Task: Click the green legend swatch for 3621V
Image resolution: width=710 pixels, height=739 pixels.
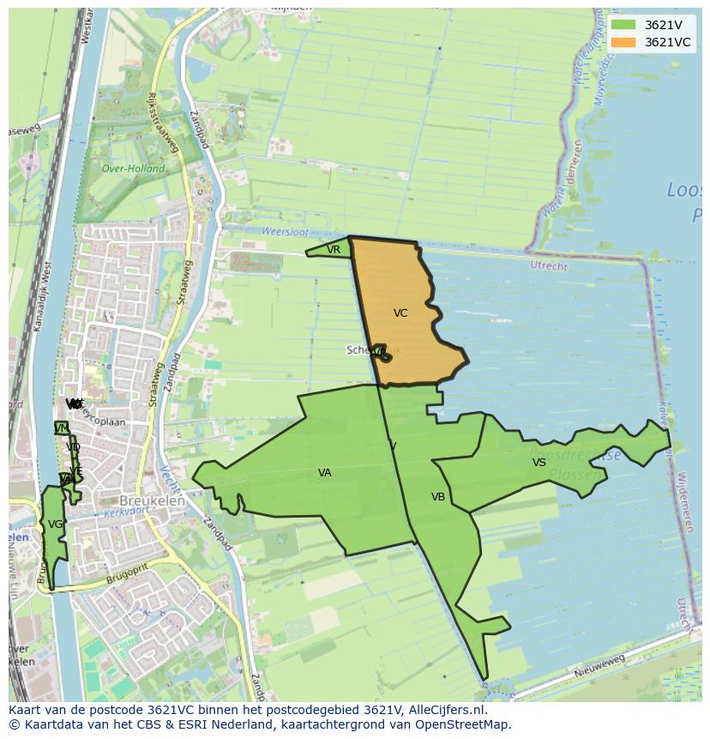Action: coord(623,25)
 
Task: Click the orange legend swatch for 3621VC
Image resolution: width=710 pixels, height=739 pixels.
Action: coord(623,42)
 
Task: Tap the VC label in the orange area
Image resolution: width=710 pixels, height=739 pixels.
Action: coord(400,313)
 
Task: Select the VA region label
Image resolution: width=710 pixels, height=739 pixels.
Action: coord(324,473)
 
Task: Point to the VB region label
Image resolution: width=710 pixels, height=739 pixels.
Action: coord(438,497)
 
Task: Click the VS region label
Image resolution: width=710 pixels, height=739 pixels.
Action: coord(539,463)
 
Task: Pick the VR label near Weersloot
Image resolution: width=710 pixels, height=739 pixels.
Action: coord(334,250)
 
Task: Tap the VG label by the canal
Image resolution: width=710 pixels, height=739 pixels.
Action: coord(55,524)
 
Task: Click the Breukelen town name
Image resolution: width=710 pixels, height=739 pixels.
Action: coord(147,500)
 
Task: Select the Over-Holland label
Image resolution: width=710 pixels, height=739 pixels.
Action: coord(133,169)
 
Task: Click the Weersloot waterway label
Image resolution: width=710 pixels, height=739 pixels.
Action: coord(283,232)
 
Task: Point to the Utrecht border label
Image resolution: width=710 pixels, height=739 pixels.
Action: coord(549,266)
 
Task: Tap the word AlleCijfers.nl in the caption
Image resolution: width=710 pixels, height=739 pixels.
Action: coord(445,711)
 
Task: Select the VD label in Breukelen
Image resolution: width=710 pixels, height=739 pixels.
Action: coord(73,447)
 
